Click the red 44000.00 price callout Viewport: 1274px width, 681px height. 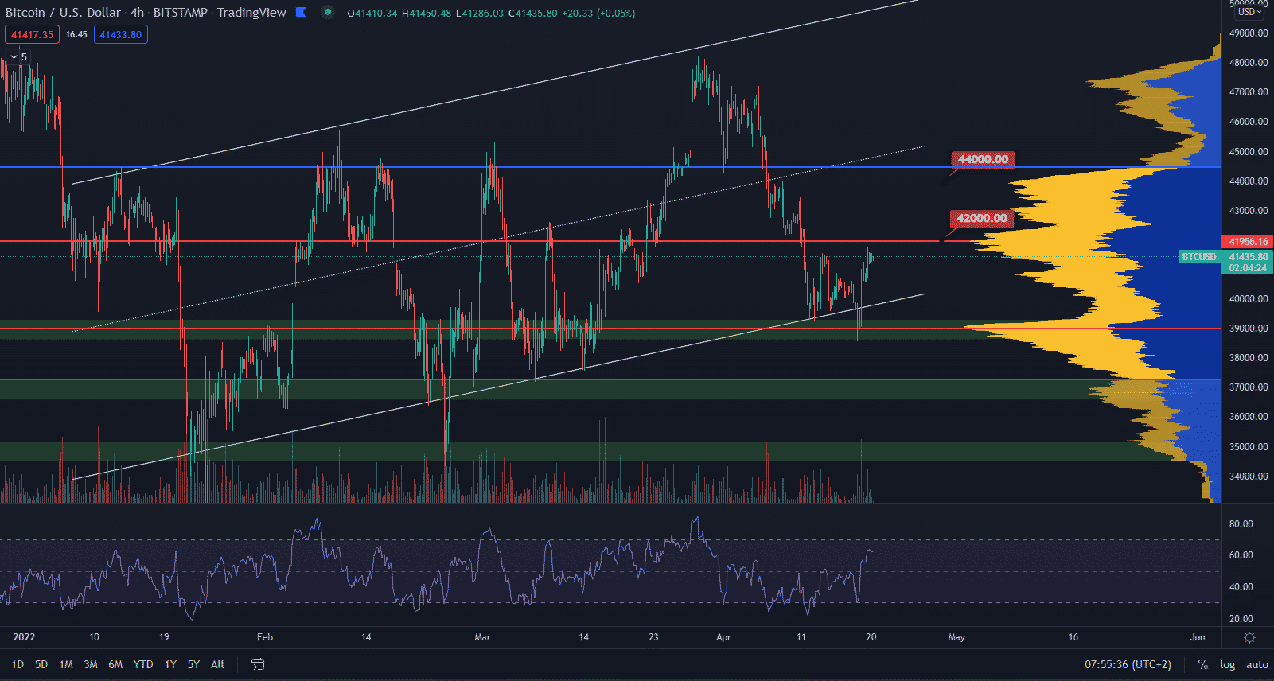(x=983, y=159)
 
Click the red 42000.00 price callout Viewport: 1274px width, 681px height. (x=982, y=218)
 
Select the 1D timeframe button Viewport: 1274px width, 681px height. (x=18, y=664)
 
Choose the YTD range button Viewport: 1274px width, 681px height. (x=143, y=664)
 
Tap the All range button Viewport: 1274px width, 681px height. (x=217, y=664)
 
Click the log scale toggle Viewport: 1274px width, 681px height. (x=1228, y=664)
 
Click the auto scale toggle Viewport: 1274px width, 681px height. (x=1257, y=664)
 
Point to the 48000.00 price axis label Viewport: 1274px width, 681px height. (x=1249, y=63)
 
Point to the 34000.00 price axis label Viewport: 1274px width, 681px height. (x=1249, y=477)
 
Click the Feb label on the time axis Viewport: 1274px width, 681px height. (x=265, y=637)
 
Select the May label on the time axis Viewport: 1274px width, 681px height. (x=956, y=637)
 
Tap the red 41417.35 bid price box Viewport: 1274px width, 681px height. (x=32, y=34)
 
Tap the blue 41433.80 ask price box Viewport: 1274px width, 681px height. (x=120, y=34)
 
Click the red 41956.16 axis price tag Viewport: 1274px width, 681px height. (x=1248, y=241)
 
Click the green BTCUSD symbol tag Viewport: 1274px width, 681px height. (x=1199, y=257)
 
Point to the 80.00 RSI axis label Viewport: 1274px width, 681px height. (x=1241, y=524)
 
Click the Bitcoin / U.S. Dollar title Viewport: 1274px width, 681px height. (x=64, y=13)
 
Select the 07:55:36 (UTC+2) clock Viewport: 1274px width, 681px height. (x=1128, y=664)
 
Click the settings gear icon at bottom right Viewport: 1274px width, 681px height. (x=1249, y=637)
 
